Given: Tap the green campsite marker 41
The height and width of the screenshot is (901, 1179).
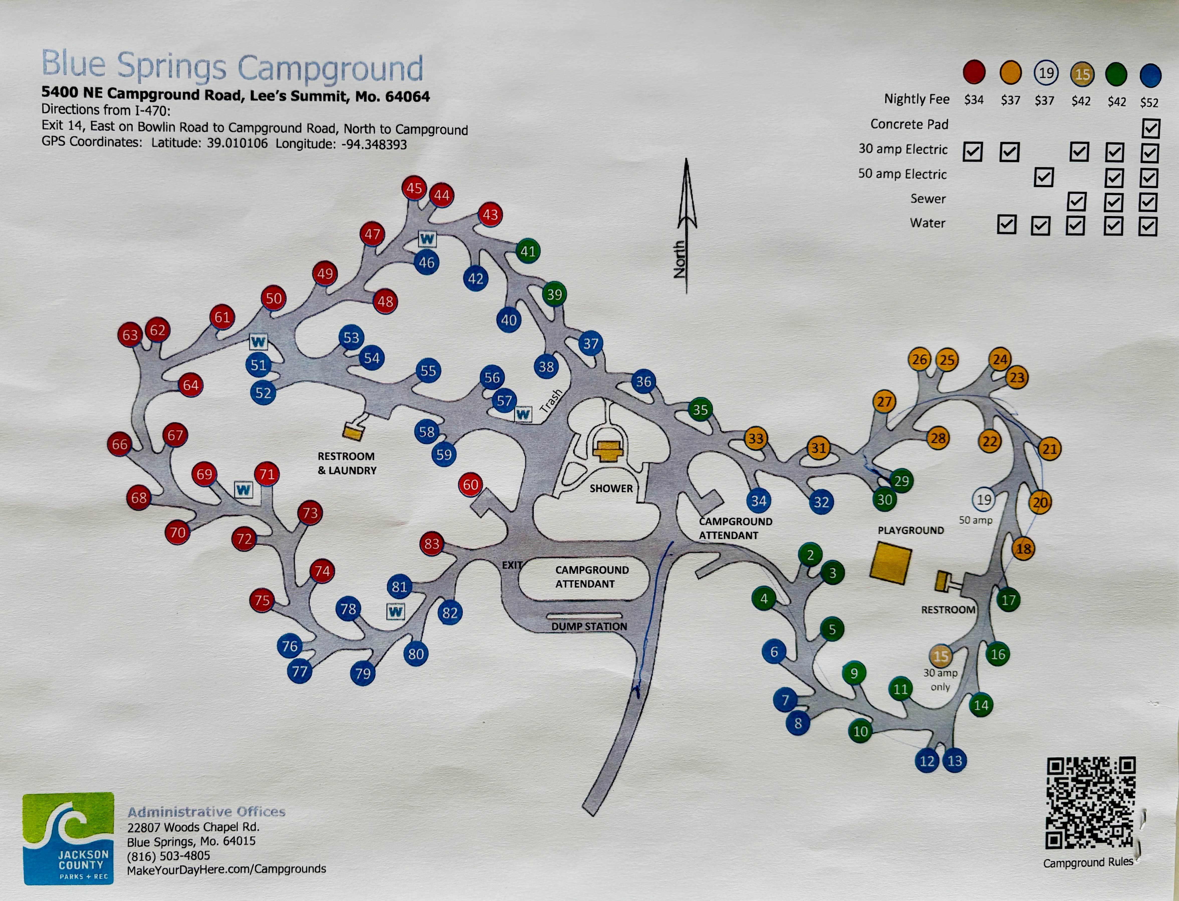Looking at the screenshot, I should pyautogui.click(x=528, y=251).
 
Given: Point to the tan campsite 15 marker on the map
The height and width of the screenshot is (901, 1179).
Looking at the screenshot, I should pyautogui.click(x=940, y=656).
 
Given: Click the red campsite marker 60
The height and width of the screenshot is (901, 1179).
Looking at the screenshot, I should pyautogui.click(x=470, y=485).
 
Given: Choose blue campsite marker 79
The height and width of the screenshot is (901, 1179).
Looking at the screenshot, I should pyautogui.click(x=363, y=674).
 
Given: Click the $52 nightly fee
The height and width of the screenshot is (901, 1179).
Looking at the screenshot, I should pyautogui.click(x=1149, y=103).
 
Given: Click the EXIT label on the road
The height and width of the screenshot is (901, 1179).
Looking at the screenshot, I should pyautogui.click(x=511, y=565).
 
